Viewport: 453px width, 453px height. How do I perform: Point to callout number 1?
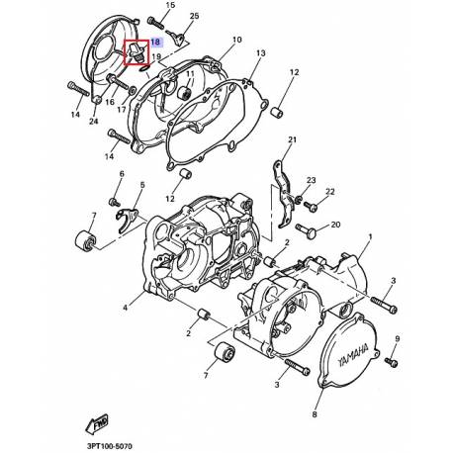(370, 237)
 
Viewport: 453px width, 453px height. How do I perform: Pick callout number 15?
(170, 7)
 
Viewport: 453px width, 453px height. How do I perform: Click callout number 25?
(194, 17)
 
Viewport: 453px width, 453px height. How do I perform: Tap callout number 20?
(335, 225)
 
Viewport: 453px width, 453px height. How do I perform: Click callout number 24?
(93, 123)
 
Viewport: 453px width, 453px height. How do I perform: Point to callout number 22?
(330, 192)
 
